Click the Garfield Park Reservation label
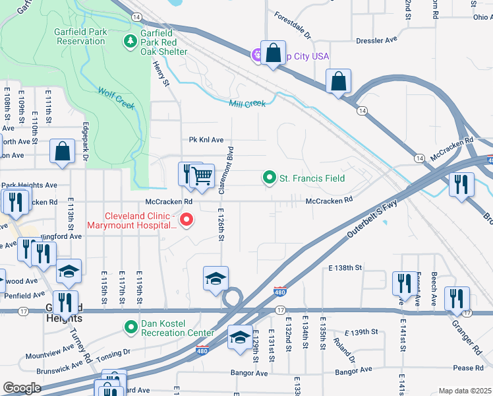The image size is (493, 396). [x=72, y=36]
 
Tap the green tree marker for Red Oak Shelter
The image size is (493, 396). [x=130, y=41]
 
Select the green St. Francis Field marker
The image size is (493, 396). [x=269, y=178]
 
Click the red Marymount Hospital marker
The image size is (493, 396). [x=187, y=220]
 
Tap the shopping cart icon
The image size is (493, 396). [x=204, y=176]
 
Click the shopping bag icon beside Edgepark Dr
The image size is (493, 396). [x=62, y=151]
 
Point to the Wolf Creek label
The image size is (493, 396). [x=116, y=99]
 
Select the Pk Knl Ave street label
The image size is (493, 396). [x=206, y=140]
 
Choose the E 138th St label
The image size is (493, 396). [x=345, y=267]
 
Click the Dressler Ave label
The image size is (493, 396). [x=376, y=40]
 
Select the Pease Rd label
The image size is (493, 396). [x=469, y=368]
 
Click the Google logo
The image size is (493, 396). [x=22, y=387]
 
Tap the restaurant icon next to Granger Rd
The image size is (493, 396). [x=457, y=298]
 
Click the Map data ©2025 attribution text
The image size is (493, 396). [x=465, y=391]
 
